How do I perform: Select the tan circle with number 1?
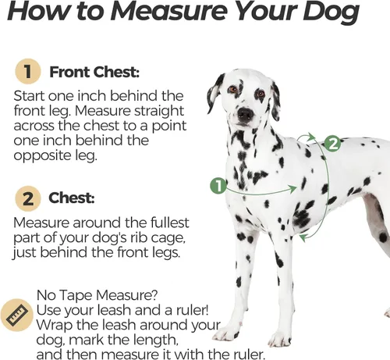click(28, 72)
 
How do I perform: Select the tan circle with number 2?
click(28, 198)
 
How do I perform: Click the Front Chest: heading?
click(94, 72)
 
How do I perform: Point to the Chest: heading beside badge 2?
click(72, 198)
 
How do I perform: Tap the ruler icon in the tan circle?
click(17, 315)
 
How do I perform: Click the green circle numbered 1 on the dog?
click(218, 186)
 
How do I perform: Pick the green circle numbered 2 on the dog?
click(332, 144)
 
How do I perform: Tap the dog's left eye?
click(232, 90)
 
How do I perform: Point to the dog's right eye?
click(260, 93)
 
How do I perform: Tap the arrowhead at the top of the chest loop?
click(310, 137)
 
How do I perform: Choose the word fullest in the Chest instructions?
click(169, 223)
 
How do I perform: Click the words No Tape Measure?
click(97, 295)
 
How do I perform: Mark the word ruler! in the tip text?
click(193, 310)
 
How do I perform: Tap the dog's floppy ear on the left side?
click(214, 94)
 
